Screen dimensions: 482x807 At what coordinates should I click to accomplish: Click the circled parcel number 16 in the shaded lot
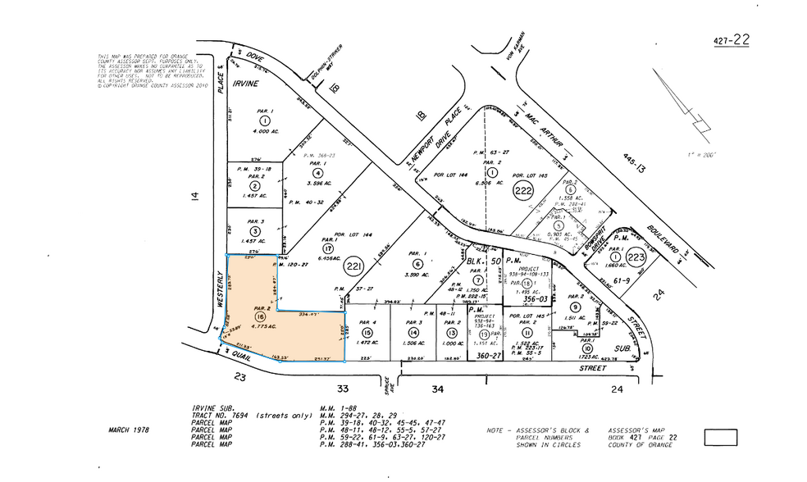(261, 316)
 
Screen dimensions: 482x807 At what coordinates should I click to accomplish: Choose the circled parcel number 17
(326, 248)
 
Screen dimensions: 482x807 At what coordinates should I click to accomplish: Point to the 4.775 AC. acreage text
(260, 327)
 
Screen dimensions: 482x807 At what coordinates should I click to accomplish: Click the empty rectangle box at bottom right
(721, 438)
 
